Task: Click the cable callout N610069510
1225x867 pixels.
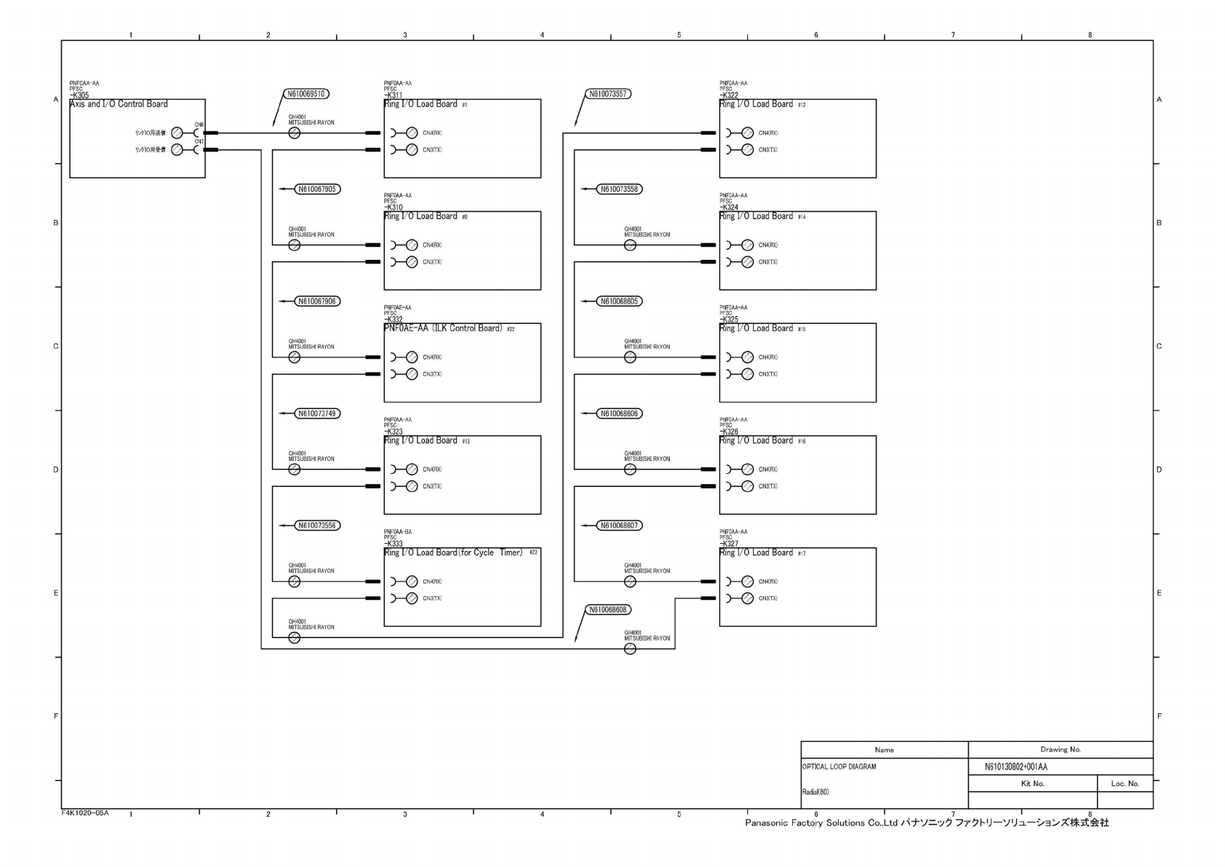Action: click(306, 94)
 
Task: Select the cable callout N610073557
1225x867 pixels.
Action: click(608, 94)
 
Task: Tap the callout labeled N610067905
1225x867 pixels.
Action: click(317, 189)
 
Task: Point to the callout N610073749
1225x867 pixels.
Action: click(317, 413)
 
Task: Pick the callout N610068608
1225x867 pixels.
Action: click(608, 609)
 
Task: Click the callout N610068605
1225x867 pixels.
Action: click(620, 301)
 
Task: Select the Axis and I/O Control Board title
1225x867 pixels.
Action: click(119, 104)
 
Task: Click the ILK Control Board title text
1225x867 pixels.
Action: click(443, 328)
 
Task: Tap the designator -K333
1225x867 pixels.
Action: click(394, 544)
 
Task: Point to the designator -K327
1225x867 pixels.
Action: click(729, 544)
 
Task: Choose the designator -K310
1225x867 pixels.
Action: click(394, 207)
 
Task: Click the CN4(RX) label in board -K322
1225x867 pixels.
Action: click(768, 133)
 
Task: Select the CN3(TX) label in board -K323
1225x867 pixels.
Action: click(432, 486)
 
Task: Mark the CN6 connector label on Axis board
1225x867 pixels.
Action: click(199, 124)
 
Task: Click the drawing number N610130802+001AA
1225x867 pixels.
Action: click(1016, 767)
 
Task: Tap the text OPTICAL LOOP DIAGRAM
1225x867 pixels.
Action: click(839, 767)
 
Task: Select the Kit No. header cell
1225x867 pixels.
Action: click(1032, 783)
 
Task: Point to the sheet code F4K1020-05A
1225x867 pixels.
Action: click(85, 812)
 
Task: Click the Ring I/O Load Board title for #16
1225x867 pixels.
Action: click(756, 440)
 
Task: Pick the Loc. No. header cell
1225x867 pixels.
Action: click(1125, 783)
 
